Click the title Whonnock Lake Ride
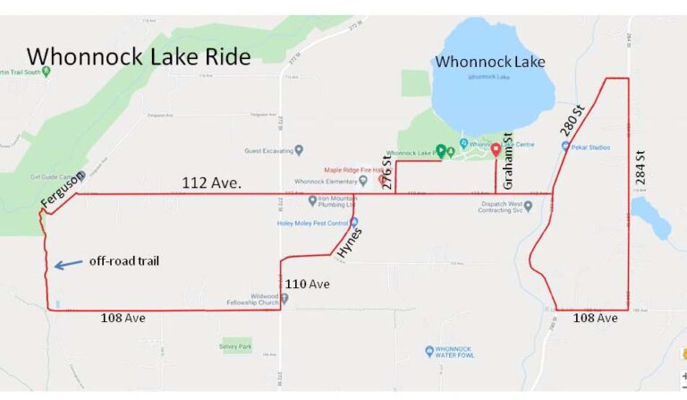(x=139, y=55)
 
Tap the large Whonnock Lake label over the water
(x=489, y=62)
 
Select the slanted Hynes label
(x=347, y=243)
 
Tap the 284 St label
(x=640, y=167)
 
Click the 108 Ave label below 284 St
(x=595, y=319)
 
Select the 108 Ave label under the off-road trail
(x=123, y=318)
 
